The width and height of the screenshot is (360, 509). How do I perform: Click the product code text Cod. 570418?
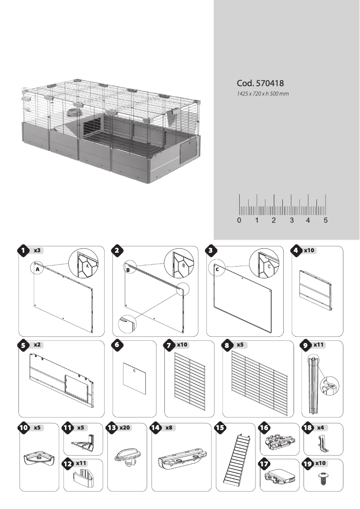260,83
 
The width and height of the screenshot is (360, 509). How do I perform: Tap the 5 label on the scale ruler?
325,220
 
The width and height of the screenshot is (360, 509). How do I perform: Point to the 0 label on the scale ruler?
239,220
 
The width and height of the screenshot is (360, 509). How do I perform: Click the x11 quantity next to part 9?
317,345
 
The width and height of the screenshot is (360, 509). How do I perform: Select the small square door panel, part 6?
135,378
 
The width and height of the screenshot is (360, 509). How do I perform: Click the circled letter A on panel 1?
37,269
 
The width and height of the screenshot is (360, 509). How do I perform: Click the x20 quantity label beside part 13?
125,428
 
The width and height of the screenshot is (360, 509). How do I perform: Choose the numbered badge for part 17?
264,464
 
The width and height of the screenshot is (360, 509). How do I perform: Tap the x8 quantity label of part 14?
169,428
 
